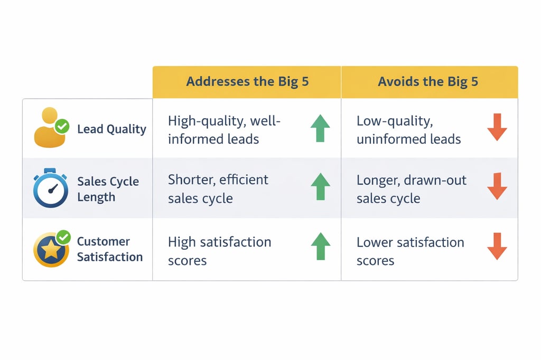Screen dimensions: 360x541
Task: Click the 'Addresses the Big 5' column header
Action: [247, 82]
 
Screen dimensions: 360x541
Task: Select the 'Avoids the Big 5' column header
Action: [428, 82]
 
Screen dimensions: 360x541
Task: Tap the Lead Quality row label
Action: [111, 129]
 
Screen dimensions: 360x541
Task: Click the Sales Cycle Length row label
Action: [108, 189]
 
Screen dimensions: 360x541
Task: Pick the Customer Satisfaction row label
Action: [110, 249]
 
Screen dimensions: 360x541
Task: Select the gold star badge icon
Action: [51, 250]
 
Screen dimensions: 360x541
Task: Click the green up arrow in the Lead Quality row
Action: [320, 128]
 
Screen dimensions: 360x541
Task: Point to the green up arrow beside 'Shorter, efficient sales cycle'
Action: [320, 187]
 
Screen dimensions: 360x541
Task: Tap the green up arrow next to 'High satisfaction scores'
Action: [320, 247]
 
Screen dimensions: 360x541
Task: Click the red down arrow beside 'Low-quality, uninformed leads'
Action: [497, 127]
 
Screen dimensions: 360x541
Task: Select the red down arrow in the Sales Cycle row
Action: [497, 186]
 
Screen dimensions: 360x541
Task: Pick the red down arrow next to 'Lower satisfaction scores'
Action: [497, 247]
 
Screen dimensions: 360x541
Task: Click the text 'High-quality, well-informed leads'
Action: [224, 130]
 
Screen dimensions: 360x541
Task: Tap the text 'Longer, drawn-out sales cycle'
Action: [411, 189]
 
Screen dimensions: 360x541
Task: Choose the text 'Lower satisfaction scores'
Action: [410, 251]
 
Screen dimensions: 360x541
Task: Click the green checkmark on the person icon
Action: [62, 126]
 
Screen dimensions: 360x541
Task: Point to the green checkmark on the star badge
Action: [64, 238]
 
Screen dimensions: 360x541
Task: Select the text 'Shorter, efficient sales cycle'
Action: [218, 189]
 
